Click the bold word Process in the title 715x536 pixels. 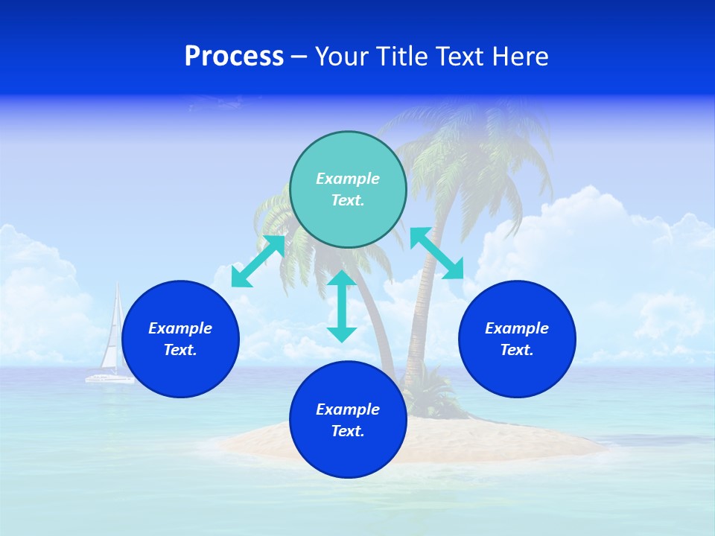234,57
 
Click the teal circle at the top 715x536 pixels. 348,189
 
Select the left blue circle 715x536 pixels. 180,339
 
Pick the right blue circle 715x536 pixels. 517,339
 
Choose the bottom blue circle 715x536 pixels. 348,419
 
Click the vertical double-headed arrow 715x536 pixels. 342,306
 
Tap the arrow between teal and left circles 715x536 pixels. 258,261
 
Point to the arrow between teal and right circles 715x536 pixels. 436,253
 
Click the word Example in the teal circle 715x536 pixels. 348,179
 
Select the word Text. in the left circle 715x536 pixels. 180,350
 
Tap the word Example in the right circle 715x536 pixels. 517,328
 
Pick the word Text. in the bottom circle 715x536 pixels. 348,431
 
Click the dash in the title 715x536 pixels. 299,57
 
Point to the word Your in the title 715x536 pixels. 343,57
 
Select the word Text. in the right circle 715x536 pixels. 517,350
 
